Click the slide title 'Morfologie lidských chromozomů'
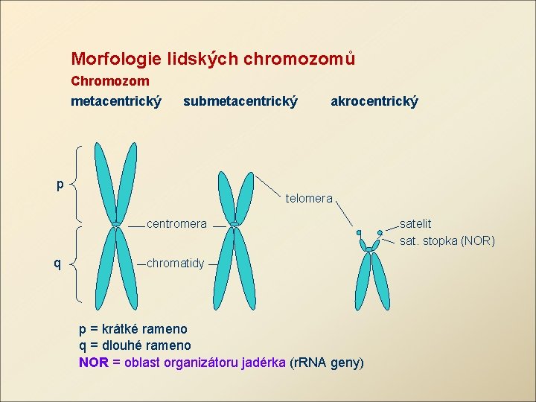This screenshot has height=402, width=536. (x=213, y=58)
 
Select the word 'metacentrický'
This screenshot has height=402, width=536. (x=116, y=100)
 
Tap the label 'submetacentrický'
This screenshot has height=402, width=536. (x=240, y=100)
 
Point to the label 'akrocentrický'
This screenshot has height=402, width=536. (x=374, y=100)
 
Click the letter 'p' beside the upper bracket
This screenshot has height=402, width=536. (x=60, y=184)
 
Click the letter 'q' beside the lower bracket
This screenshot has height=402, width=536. (x=57, y=262)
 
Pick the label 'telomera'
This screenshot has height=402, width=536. (x=309, y=199)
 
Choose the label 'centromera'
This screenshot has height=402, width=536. (x=176, y=223)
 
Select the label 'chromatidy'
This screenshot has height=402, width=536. (x=175, y=264)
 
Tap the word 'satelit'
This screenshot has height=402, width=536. (x=415, y=223)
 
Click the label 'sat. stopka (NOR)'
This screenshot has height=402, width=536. (x=447, y=240)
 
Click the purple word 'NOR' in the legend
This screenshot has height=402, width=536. (x=93, y=363)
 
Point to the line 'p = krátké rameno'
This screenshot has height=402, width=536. (x=133, y=328)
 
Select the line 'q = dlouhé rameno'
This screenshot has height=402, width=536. (x=135, y=345)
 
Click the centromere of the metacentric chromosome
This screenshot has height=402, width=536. (x=116, y=223)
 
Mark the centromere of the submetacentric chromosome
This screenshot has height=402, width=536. (x=234, y=223)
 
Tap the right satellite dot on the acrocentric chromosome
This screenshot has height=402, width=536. (x=380, y=232)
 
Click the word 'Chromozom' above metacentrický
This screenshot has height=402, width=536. (x=110, y=80)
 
